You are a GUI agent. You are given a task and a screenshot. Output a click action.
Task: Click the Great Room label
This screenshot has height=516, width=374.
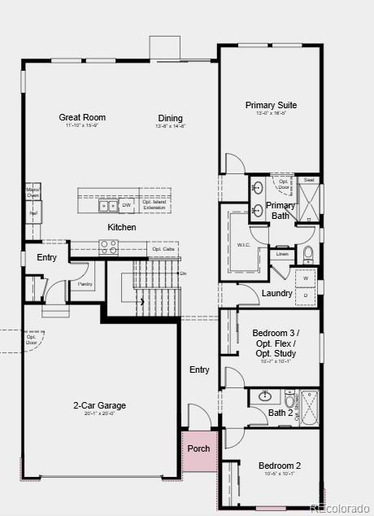pos(82,117)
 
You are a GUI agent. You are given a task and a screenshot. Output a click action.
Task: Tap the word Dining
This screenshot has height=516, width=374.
pos(171,118)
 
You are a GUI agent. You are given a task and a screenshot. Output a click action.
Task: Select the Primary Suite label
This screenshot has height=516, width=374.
pos(271,105)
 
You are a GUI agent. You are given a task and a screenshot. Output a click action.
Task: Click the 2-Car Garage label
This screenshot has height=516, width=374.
pos(100,405)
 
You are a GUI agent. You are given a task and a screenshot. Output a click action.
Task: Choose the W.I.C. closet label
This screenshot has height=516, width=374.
pos(243,244)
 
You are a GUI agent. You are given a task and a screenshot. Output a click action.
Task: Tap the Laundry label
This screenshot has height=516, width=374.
pos(277,293)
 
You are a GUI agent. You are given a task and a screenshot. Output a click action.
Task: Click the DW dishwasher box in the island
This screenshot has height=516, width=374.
pos(127,205)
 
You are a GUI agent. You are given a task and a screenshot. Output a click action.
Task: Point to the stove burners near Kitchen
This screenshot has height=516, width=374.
pos(108,246)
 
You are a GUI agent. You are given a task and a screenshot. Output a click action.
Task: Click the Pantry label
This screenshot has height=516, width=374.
pos(85,284)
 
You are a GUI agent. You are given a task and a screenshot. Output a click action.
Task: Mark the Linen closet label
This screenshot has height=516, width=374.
pos(282,254)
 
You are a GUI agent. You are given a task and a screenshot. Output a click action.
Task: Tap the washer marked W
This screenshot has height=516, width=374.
pos(306,278)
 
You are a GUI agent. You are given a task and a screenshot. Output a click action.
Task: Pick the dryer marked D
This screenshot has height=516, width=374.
pos(306,294)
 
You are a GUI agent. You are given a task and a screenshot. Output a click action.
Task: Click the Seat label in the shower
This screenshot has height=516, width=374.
pos(309,180)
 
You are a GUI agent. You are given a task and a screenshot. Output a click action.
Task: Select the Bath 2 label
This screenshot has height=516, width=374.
pos(280,413)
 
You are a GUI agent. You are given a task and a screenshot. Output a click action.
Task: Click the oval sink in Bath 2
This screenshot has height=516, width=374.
pos(265,397)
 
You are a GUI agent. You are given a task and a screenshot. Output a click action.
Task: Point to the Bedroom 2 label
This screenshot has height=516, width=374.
pos(276,466)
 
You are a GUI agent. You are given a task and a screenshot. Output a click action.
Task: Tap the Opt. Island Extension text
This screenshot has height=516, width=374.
pos(154,205)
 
